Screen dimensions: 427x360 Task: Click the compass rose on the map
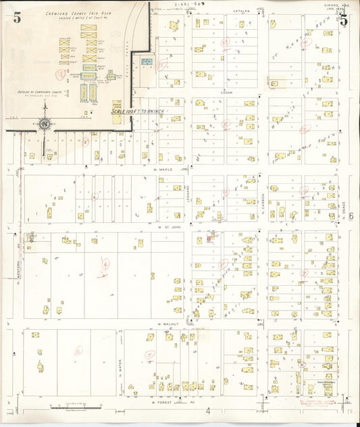tap(45, 124)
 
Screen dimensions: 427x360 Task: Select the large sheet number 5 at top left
tap(17, 18)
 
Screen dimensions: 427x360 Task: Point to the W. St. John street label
tap(166, 228)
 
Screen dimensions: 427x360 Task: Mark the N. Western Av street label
tap(19, 270)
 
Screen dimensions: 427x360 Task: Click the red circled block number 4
tap(105, 263)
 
